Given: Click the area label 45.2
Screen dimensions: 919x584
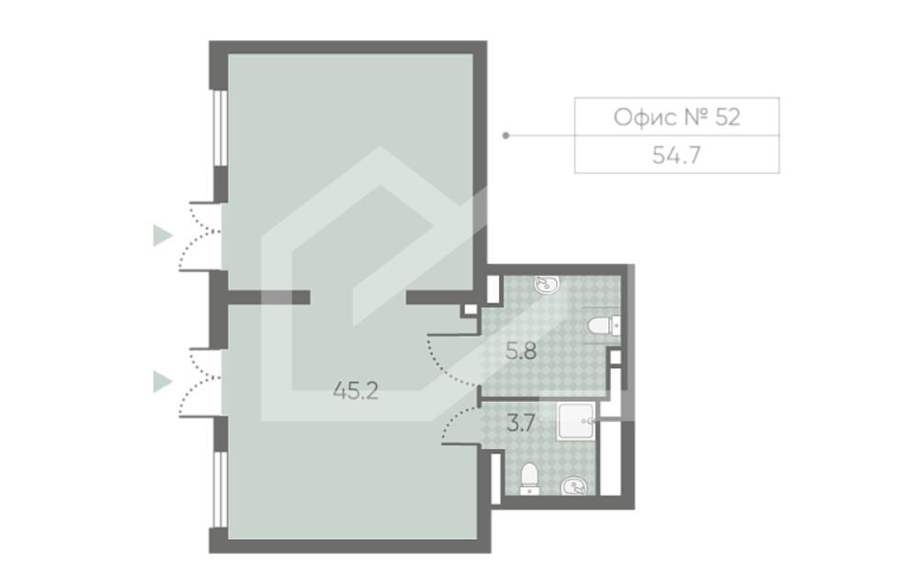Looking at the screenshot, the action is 356,391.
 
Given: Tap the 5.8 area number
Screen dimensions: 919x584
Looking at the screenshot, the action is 521,351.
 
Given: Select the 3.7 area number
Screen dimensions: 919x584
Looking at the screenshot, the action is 520,422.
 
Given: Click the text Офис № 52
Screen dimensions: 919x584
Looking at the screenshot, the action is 676,118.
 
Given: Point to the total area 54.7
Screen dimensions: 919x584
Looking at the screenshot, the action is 676,155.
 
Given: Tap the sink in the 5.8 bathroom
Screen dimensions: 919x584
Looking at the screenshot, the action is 547,285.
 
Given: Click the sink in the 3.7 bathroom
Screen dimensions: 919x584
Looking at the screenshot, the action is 573,486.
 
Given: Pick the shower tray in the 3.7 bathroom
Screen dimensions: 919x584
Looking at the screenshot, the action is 577,420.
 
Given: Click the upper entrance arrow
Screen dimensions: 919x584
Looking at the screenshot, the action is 163,235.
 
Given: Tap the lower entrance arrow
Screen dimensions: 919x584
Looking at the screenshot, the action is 163,382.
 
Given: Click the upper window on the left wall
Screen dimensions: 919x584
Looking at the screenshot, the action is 220,128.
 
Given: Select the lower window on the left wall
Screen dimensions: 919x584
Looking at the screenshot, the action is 220,489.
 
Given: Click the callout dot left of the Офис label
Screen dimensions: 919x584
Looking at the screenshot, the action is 506,135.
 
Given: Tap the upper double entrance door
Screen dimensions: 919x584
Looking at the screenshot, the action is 199,235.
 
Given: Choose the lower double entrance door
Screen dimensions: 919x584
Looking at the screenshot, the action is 199,383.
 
